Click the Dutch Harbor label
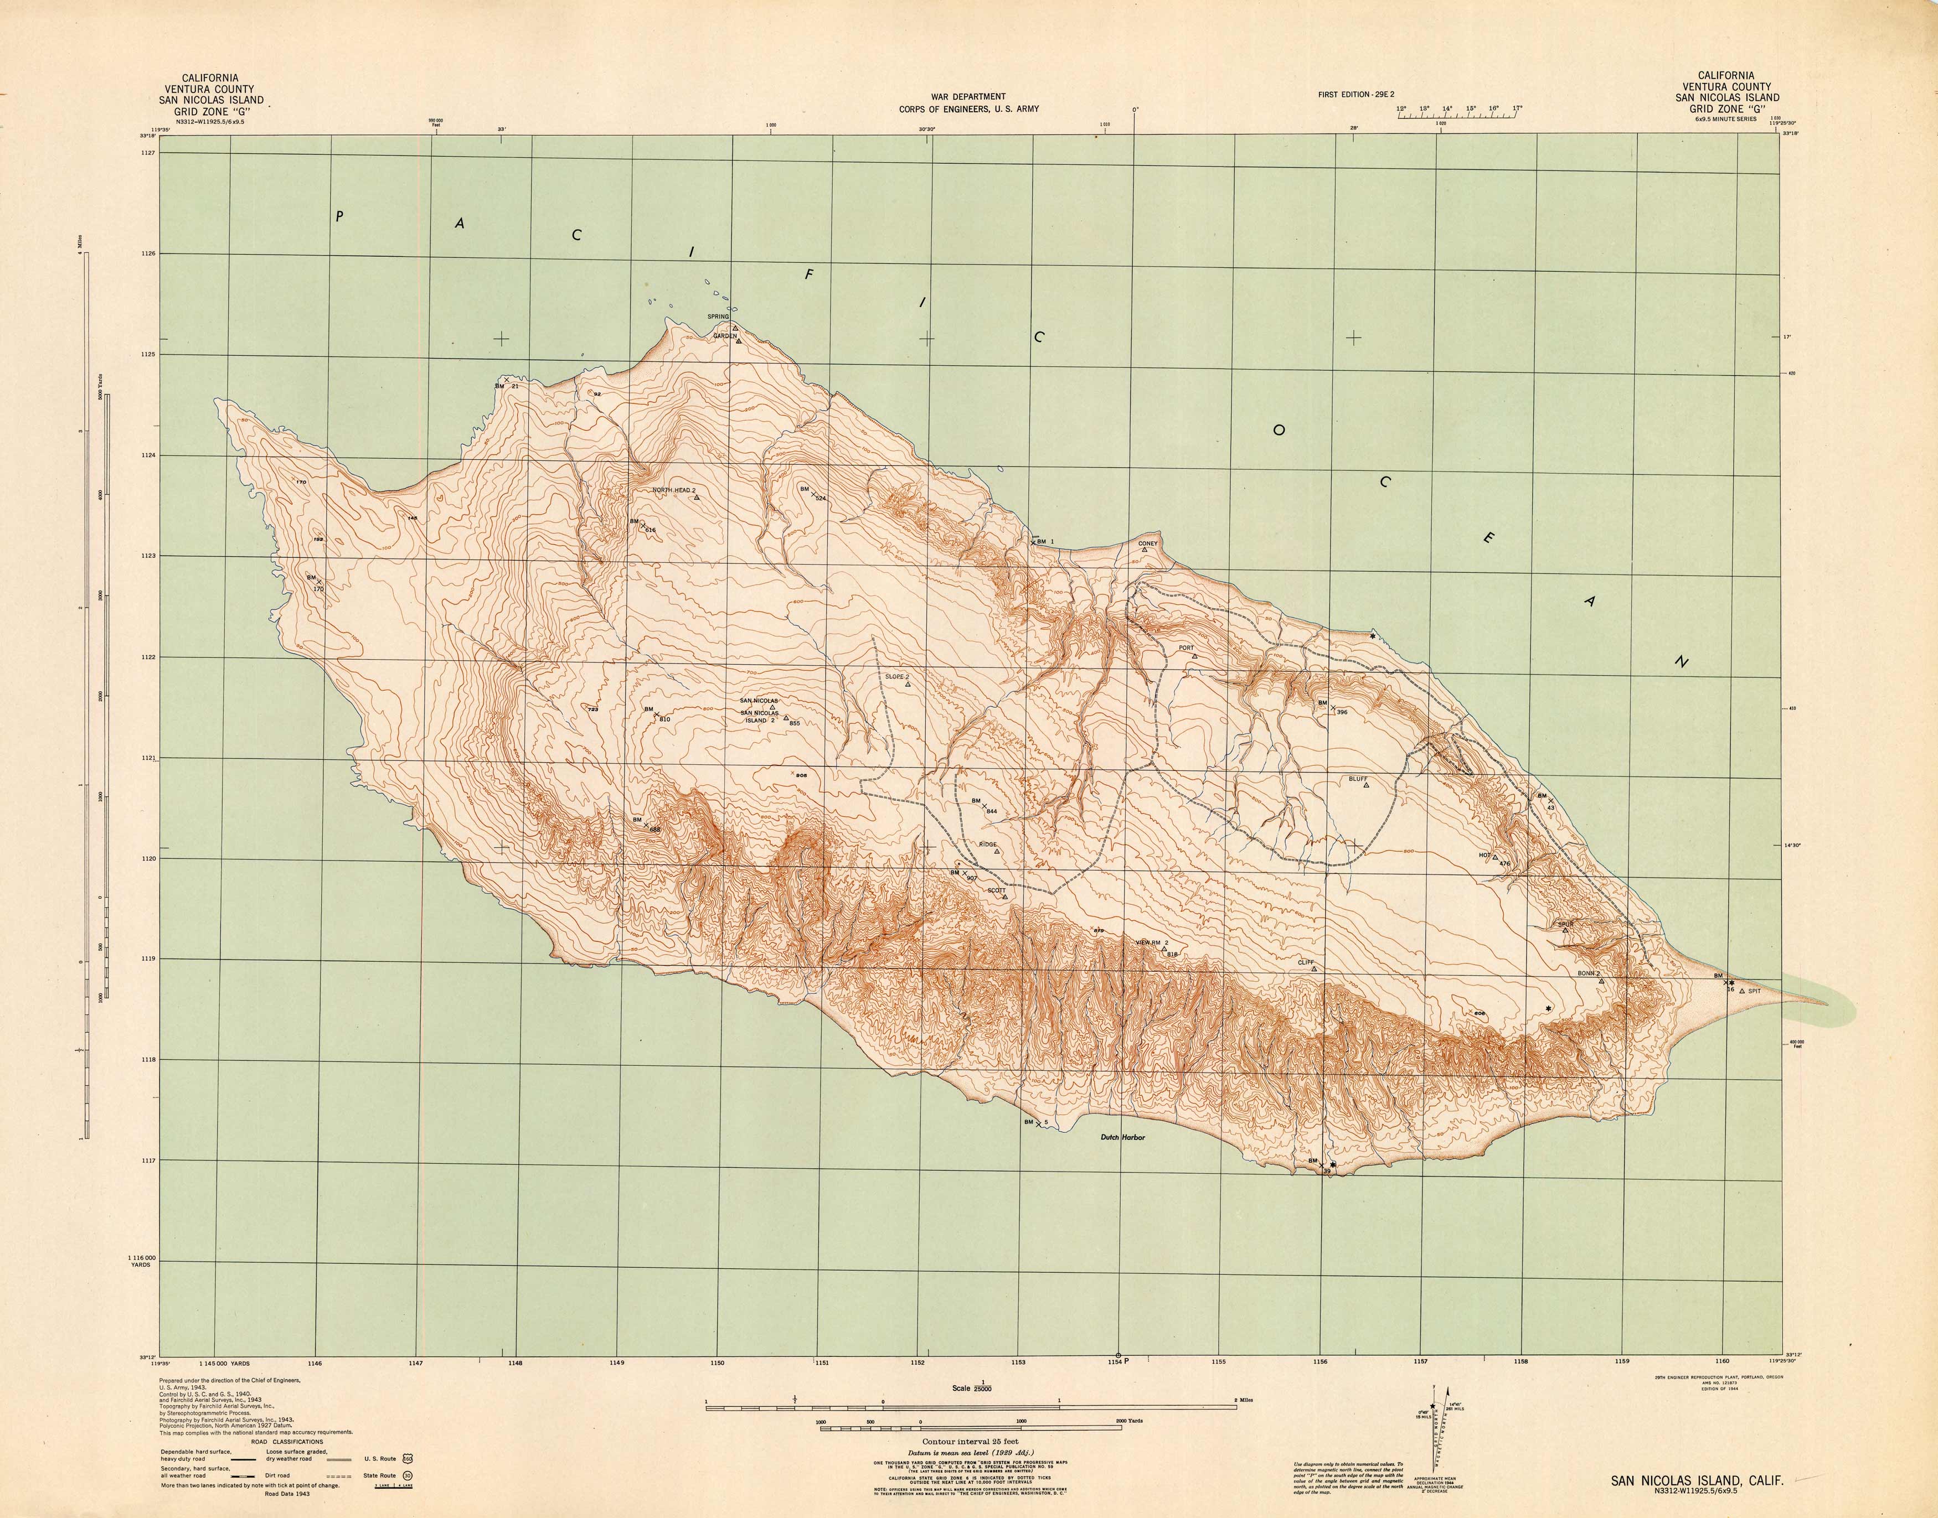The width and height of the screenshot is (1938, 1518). (x=1117, y=1137)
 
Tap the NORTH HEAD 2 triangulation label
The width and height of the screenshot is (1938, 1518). (x=674, y=490)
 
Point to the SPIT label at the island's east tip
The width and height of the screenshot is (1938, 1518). (x=1754, y=990)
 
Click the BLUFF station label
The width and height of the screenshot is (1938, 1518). (x=1358, y=779)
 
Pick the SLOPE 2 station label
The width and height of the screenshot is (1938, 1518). (x=897, y=676)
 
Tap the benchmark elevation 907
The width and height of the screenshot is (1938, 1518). (x=972, y=879)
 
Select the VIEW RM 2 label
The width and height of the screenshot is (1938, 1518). (x=1152, y=942)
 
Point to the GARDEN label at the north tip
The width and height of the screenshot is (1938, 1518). (x=724, y=336)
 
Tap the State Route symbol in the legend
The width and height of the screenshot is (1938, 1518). (x=406, y=1475)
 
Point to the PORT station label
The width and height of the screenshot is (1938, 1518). (x=1186, y=648)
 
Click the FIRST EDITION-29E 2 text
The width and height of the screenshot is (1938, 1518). (x=1358, y=94)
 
